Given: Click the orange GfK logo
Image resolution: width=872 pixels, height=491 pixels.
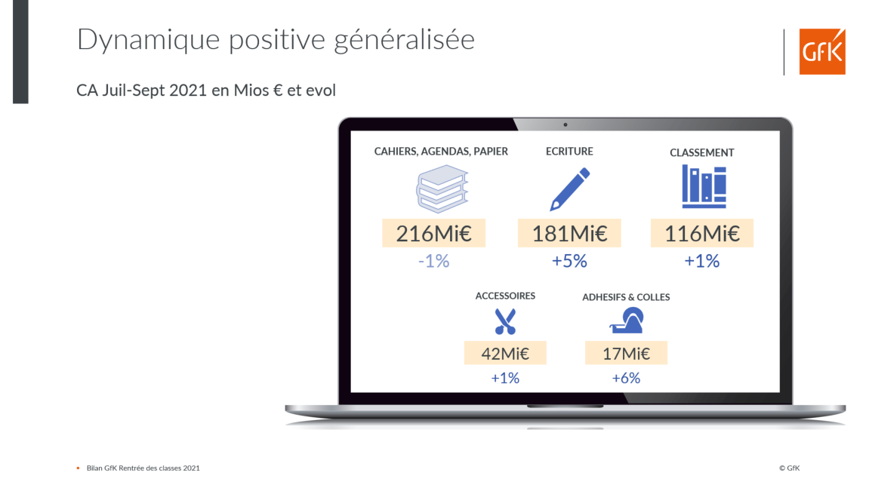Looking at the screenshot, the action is click(x=822, y=51).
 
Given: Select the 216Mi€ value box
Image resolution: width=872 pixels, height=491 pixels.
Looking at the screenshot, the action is click(x=434, y=233).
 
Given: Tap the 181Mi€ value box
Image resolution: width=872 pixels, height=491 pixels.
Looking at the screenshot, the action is click(x=569, y=233).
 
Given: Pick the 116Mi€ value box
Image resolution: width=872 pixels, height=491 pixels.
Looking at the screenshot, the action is click(x=702, y=233).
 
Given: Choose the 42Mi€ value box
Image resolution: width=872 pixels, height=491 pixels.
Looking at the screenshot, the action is click(x=505, y=353).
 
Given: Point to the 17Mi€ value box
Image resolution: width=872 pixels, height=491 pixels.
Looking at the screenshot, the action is click(x=626, y=353).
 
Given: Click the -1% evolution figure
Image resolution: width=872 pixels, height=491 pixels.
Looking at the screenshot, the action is click(x=434, y=261).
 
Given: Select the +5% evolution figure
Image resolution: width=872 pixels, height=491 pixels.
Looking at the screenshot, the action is click(x=569, y=261).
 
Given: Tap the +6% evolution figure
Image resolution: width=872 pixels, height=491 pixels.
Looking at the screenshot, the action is click(x=626, y=379).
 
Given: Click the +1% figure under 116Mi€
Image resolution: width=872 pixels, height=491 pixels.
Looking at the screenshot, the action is click(x=702, y=261).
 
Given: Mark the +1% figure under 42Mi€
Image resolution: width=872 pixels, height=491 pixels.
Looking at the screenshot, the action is click(x=505, y=379).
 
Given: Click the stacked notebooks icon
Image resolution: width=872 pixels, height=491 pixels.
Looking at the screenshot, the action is click(x=442, y=189).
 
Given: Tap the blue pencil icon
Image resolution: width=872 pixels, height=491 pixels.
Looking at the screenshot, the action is click(x=569, y=189).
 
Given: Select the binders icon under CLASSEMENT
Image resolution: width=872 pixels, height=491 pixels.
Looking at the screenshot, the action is click(x=704, y=186).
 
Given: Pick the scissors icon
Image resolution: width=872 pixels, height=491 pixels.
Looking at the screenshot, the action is click(x=505, y=321).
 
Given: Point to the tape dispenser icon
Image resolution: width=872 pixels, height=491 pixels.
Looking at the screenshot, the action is click(x=627, y=321).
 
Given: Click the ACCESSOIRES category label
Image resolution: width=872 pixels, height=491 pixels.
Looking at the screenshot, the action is click(x=505, y=296).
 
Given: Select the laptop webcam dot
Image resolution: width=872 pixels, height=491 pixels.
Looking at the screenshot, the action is click(x=565, y=124).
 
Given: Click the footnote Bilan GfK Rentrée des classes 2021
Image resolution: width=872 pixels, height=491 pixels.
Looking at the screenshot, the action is click(x=143, y=468).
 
